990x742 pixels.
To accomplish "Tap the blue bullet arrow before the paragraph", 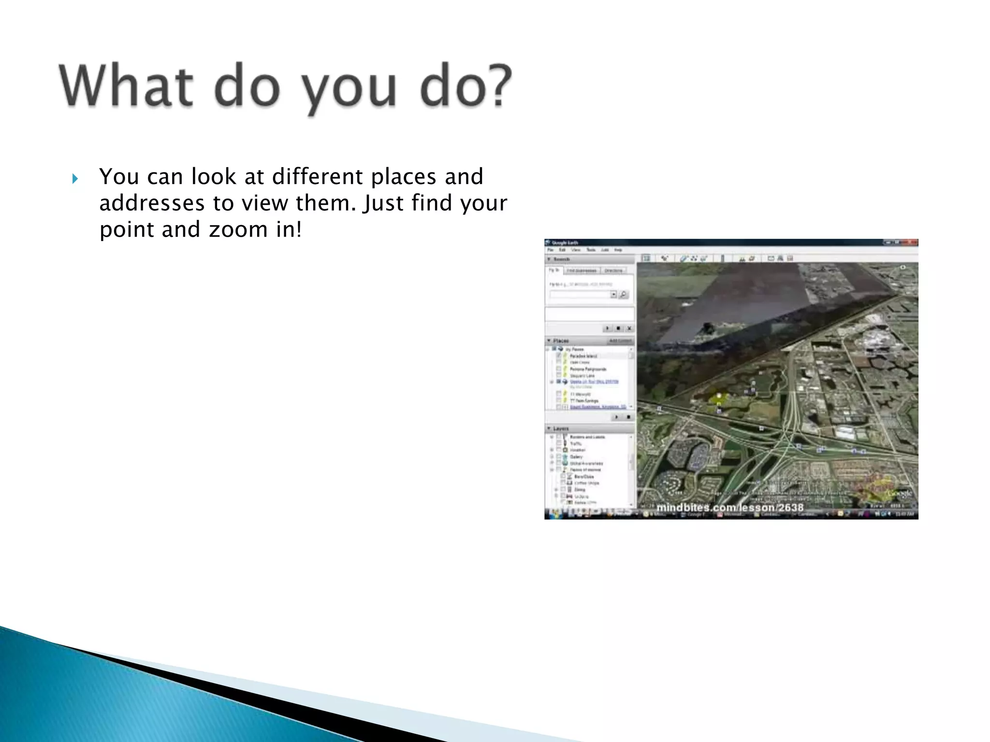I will (x=74, y=179).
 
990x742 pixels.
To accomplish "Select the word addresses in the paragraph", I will (x=152, y=203).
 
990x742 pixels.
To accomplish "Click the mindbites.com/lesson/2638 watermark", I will (x=729, y=507).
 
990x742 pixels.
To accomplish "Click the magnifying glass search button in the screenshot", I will (x=624, y=295).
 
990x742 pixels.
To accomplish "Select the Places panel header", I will (x=561, y=341).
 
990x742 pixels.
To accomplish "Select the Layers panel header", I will (x=561, y=428).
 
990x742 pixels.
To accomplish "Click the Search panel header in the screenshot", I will (x=561, y=259).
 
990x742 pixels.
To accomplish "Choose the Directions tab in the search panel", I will (x=613, y=271).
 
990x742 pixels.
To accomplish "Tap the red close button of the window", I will (x=912, y=243).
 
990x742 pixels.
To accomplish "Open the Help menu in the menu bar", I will (x=618, y=250).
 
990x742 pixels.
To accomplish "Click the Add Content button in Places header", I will (x=620, y=341).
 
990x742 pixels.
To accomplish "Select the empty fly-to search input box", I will (x=580, y=295).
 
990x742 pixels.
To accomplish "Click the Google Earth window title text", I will (x=565, y=243).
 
